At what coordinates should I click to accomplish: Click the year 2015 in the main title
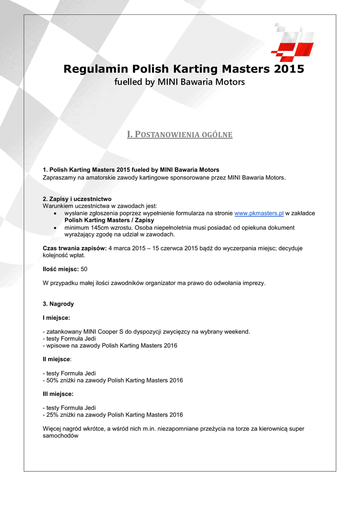[x=288, y=68]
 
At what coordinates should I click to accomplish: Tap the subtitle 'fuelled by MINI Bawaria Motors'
[x=180, y=82]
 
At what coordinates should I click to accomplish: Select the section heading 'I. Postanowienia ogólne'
[x=180, y=134]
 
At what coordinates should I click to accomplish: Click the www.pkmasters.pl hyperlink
[x=259, y=213]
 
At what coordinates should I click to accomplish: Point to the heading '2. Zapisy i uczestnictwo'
[x=77, y=199]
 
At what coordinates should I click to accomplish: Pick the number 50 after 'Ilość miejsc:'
[x=84, y=269]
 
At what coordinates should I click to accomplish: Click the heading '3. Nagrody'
[x=59, y=304]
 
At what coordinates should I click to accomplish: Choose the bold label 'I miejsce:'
[x=57, y=317]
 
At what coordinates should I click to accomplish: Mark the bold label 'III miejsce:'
[x=58, y=394]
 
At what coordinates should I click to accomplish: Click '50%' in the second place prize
[x=53, y=381]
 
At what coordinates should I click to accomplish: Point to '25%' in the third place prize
[x=53, y=415]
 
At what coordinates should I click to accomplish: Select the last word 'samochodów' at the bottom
[x=61, y=436]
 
